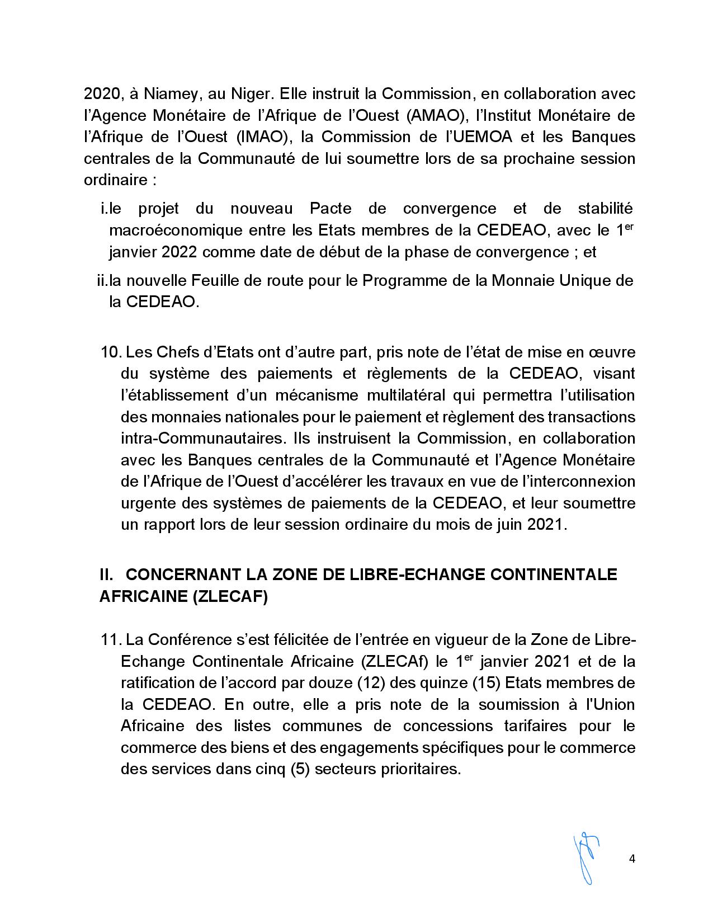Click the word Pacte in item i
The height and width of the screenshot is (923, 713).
tap(330, 209)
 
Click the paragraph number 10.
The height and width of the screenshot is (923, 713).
tap(111, 352)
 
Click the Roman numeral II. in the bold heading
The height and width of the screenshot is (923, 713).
tap(106, 574)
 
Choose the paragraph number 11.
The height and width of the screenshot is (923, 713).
tap(111, 639)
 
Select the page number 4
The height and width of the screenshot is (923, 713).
tap(632, 859)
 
